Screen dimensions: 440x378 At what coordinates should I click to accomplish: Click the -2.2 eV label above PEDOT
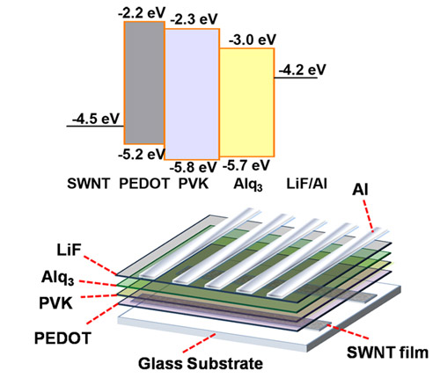tap(142, 12)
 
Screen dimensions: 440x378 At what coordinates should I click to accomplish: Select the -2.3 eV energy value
tap(194, 19)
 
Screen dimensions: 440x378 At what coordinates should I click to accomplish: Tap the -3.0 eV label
tap(253, 40)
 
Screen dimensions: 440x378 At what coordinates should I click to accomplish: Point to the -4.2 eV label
tap(302, 69)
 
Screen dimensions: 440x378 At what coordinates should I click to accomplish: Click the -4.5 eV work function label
tap(96, 119)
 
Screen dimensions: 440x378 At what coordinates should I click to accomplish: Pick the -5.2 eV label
tap(142, 154)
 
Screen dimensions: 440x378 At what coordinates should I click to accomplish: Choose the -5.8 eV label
tap(193, 167)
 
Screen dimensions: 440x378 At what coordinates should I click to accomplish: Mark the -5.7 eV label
tap(246, 165)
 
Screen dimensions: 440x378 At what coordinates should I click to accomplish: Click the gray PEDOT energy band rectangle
tap(144, 83)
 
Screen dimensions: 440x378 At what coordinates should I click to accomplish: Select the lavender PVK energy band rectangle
tap(192, 94)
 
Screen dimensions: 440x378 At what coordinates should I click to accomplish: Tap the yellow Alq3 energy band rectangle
tap(247, 102)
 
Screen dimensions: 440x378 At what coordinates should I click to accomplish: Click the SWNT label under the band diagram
tap(88, 184)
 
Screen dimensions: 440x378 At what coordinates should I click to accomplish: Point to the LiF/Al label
tap(306, 184)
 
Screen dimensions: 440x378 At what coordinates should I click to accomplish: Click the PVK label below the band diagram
tap(194, 184)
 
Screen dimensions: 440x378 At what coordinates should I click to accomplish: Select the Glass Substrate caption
tap(201, 364)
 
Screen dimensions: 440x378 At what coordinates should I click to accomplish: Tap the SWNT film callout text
tap(387, 353)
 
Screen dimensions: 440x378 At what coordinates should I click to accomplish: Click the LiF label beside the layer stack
tap(69, 251)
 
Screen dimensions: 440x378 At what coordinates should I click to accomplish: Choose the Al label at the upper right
tap(360, 190)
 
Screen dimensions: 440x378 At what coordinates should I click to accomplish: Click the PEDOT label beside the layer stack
tap(62, 338)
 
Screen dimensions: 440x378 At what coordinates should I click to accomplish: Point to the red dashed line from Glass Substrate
tap(200, 343)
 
